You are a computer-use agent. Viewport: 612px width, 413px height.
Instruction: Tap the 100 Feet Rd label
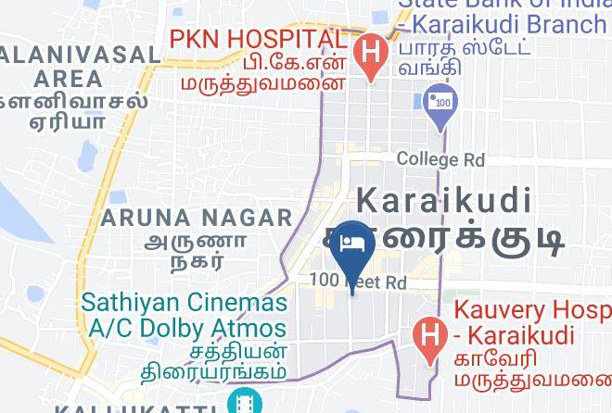[359, 281]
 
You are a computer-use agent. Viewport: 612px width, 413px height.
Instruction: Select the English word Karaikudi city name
[444, 200]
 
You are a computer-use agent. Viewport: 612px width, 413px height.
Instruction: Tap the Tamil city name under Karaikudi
[454, 239]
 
